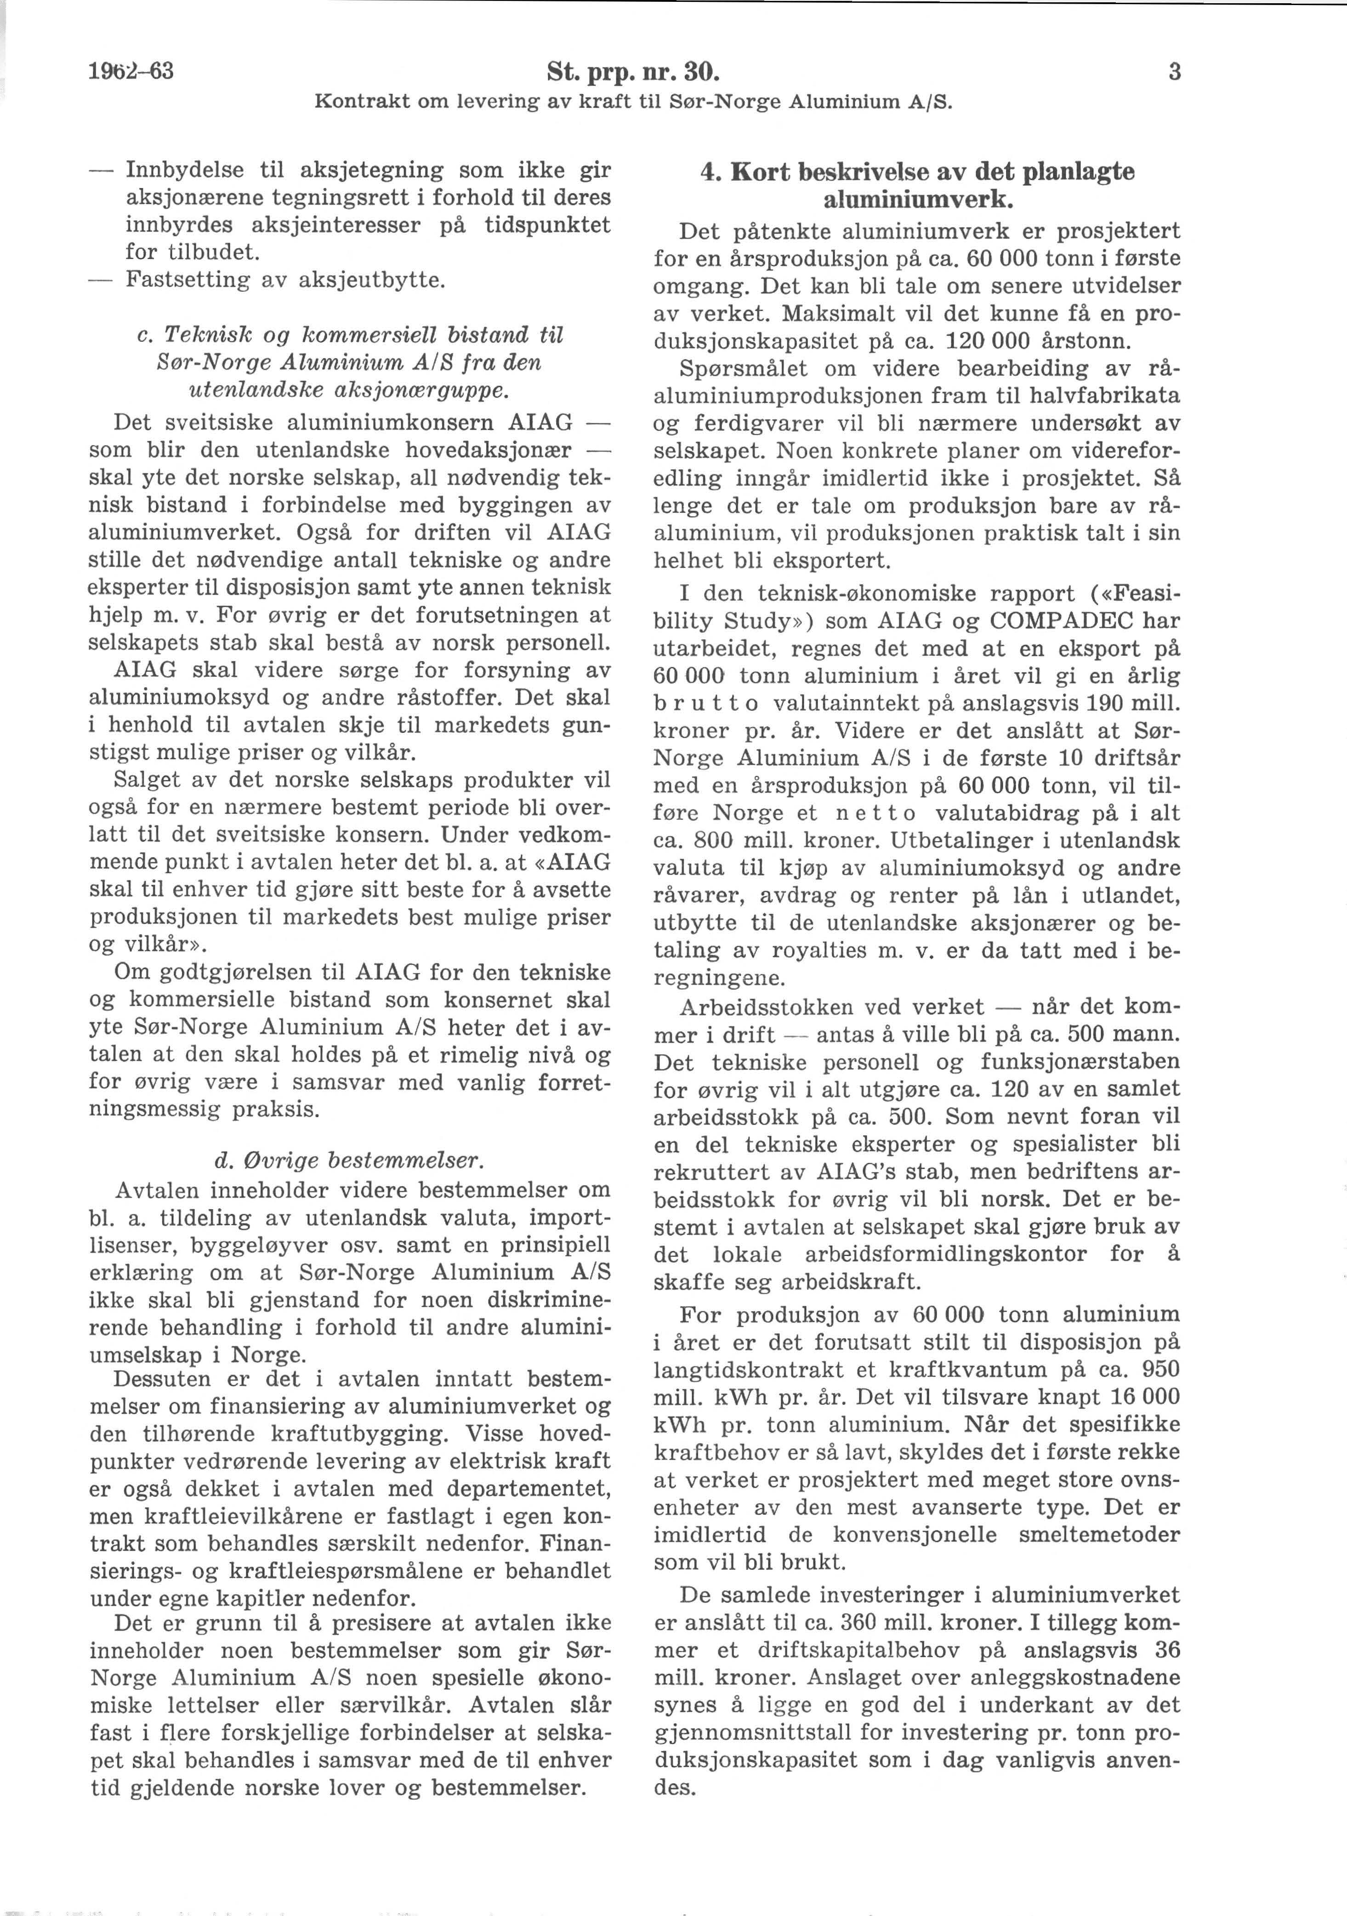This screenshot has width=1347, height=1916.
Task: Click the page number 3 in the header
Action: (1174, 73)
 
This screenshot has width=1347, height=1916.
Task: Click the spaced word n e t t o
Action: (875, 813)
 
